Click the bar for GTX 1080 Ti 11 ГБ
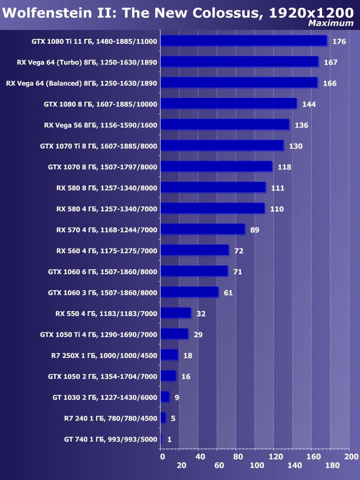click(x=244, y=41)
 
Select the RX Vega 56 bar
click(x=225, y=125)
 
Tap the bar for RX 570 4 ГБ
click(x=202, y=229)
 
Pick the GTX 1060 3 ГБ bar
click(x=189, y=292)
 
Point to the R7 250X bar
click(x=169, y=355)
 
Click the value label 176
click(x=339, y=41)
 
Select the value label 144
click(x=309, y=104)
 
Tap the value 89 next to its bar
click(x=255, y=229)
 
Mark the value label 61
click(x=228, y=292)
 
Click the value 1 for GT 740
click(x=169, y=439)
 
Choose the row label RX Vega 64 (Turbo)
click(x=87, y=62)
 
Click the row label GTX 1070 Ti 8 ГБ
click(x=98, y=146)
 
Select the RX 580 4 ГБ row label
click(x=107, y=209)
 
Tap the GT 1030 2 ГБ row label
click(x=104, y=397)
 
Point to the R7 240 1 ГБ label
click(x=110, y=418)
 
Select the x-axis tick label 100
click(x=256, y=466)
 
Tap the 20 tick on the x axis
click(x=181, y=466)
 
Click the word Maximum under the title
click(x=331, y=23)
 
